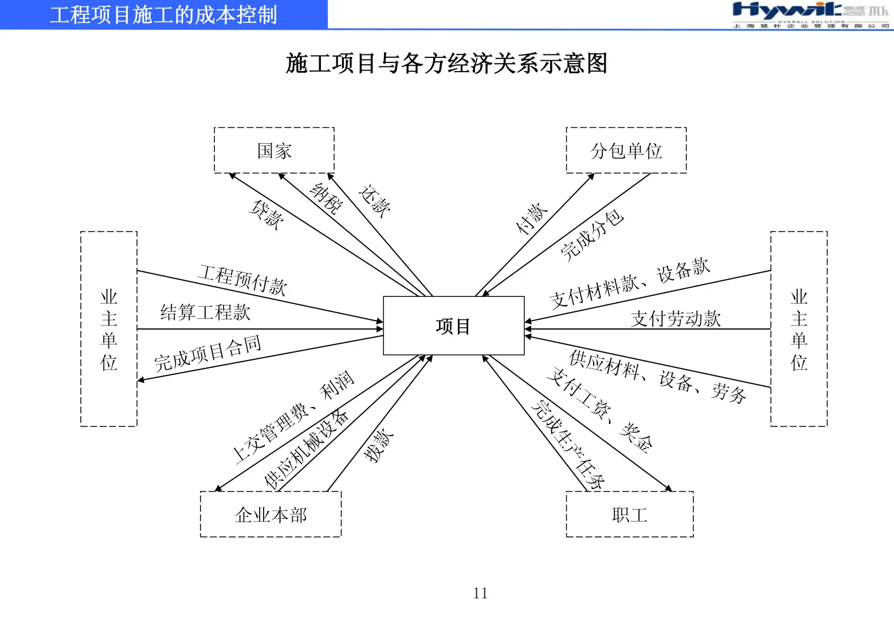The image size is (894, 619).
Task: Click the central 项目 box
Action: point(453,326)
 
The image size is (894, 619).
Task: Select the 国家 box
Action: point(274,150)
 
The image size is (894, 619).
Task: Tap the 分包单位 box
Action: point(626,150)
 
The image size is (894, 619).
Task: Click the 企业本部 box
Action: point(270,514)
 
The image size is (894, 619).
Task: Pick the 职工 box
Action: point(629,514)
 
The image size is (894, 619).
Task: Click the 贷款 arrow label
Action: point(266,215)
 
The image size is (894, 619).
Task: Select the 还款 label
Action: point(375,201)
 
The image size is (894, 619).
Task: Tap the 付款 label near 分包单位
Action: point(532,218)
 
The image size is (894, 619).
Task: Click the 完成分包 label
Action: point(591,235)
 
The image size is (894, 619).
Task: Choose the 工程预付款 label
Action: point(242,279)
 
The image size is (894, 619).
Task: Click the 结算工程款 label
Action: point(205,312)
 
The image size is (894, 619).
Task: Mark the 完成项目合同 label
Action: point(207,353)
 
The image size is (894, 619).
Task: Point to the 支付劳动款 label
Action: point(676,319)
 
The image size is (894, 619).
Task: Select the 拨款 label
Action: point(379,445)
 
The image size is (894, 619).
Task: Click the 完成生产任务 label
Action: point(567,445)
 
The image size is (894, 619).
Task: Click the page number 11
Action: point(480,593)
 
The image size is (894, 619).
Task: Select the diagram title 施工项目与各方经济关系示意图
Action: point(446,63)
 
